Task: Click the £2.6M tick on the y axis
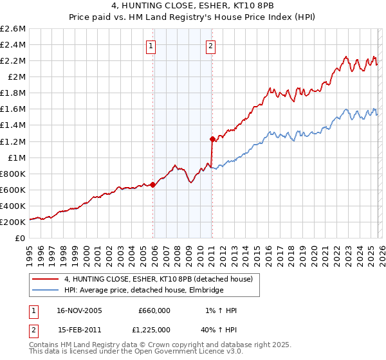tap(14, 29)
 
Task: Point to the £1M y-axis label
tap(16, 157)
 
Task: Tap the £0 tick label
tap(20, 238)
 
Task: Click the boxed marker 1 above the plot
tap(151, 46)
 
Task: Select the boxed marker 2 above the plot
tap(210, 46)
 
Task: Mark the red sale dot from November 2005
tap(153, 184)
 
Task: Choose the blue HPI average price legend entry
tap(143, 291)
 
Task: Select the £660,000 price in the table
tap(154, 310)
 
